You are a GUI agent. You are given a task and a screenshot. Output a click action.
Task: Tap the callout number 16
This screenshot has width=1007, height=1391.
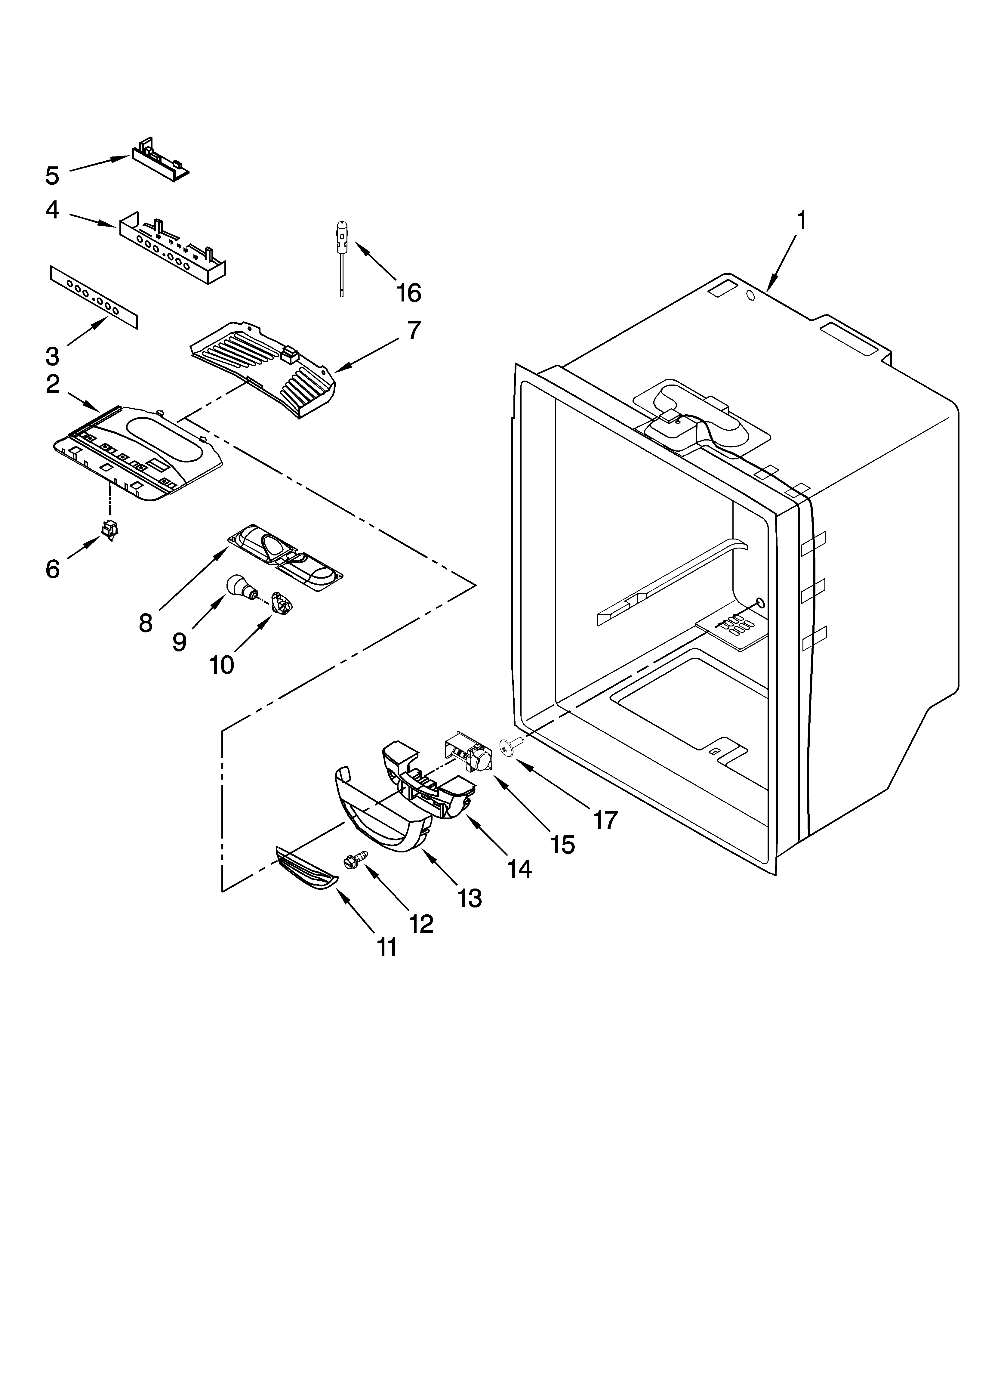(408, 293)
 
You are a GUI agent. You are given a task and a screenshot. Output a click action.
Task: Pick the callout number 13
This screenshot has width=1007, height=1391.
(470, 898)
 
